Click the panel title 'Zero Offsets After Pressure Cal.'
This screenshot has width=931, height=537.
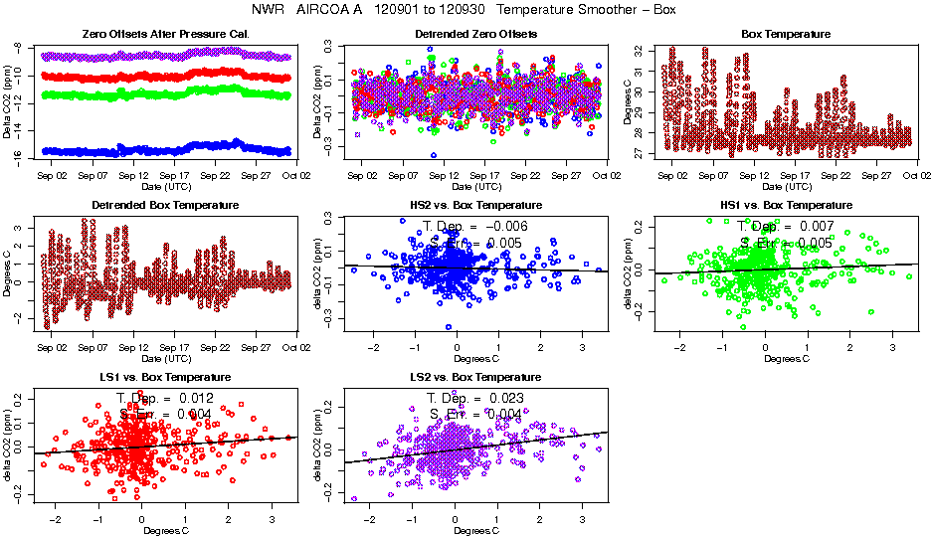[165, 35]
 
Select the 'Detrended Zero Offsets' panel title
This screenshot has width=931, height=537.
[475, 35]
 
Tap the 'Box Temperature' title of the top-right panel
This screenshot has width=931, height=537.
[786, 35]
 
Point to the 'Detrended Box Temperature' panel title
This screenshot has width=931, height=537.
[165, 206]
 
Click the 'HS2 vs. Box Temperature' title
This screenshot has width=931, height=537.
[475, 206]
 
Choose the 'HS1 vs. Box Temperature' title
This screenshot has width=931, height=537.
[786, 206]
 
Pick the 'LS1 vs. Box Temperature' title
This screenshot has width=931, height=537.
[165, 378]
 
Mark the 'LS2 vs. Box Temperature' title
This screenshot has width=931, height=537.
[475, 378]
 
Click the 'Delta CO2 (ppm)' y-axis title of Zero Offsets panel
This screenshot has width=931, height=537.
[9, 100]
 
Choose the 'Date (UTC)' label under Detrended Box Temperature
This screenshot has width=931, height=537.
[165, 358]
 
